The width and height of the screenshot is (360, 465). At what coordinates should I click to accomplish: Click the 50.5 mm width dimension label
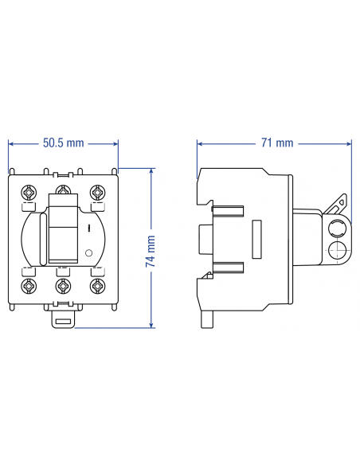63,143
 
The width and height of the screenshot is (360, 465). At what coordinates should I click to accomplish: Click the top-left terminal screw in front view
30,193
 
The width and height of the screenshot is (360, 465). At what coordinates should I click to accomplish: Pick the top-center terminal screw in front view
64,193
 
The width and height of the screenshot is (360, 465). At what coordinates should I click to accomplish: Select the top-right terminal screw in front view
97,193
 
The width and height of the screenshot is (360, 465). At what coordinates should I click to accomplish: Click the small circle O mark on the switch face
88,253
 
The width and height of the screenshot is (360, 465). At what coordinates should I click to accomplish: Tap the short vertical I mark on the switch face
88,229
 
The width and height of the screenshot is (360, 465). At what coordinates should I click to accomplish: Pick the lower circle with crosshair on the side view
335,253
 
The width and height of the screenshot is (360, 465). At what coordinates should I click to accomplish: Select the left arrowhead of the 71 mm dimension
200,143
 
